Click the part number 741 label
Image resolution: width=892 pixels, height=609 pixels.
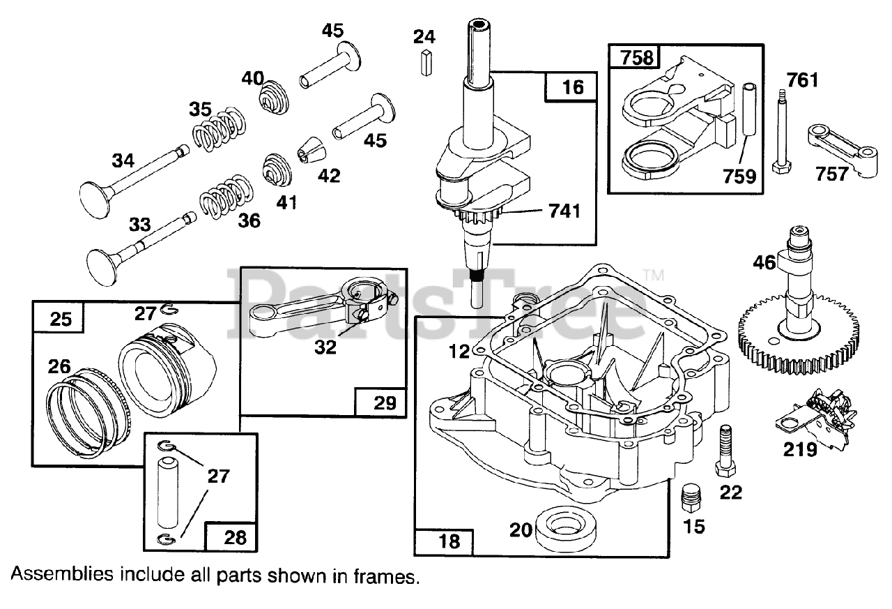(564, 211)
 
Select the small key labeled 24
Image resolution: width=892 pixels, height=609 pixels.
(426, 63)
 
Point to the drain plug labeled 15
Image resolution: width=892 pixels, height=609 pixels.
(691, 498)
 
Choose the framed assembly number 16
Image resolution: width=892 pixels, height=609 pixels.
(573, 87)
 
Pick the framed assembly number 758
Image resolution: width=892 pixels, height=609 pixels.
(637, 58)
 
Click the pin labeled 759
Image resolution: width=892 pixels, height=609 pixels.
(749, 110)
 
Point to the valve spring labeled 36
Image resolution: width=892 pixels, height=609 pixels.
(226, 197)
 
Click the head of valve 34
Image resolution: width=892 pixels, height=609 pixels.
(94, 200)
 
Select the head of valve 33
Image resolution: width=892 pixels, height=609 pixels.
(102, 267)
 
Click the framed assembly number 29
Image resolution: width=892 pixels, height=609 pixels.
(384, 403)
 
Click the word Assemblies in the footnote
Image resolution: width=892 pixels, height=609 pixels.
(62, 575)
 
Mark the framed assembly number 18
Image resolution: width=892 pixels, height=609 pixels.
(449, 541)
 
